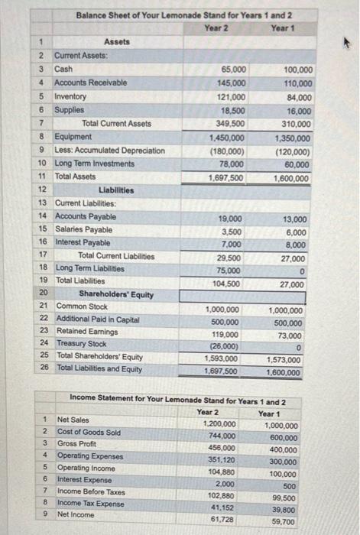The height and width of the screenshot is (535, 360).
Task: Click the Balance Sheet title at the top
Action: [184, 15]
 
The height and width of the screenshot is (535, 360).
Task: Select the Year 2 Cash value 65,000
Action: [233, 69]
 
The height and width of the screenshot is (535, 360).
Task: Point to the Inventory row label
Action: [70, 96]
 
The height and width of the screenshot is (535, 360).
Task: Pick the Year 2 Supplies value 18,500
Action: [233, 110]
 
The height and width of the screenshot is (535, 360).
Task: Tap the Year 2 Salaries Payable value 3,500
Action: [232, 232]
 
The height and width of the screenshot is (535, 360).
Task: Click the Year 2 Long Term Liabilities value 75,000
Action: [232, 271]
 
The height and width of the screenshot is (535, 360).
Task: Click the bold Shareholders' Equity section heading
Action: [116, 294]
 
